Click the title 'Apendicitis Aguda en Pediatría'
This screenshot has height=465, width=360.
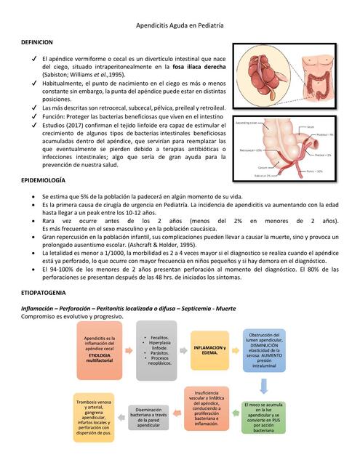(x=180, y=25)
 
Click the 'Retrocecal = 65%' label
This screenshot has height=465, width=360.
(x=250, y=150)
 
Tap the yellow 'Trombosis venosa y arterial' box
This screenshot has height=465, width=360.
(x=95, y=416)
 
